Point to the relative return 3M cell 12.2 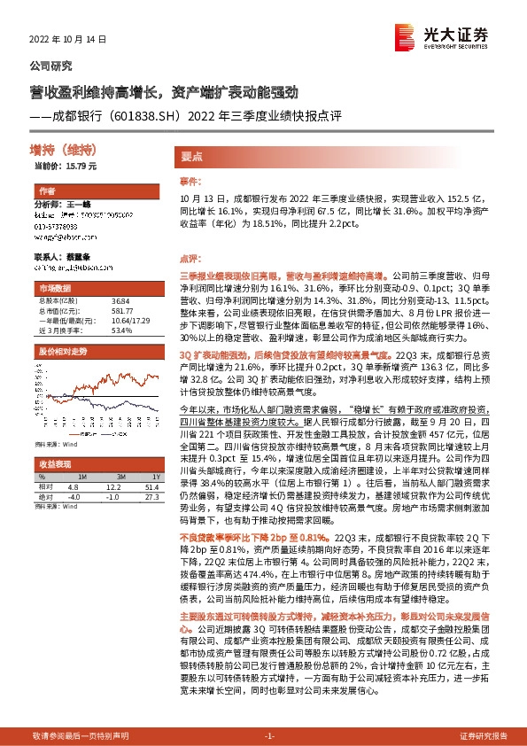[x=112, y=487]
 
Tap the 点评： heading [x=190, y=259]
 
